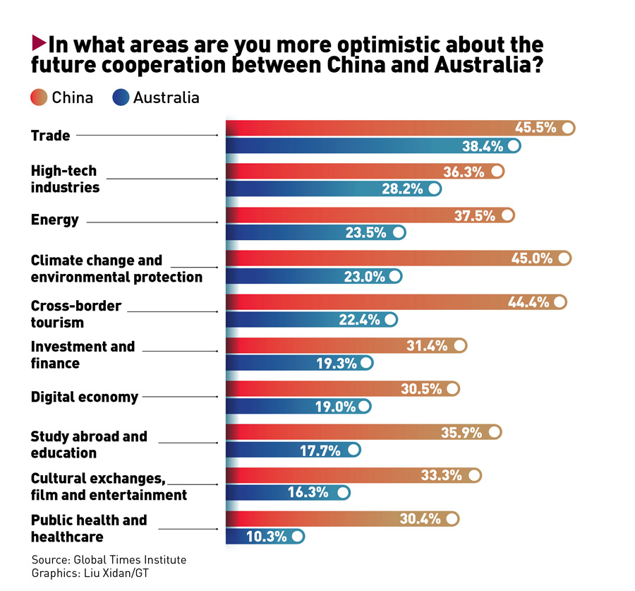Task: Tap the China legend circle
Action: click(x=39, y=97)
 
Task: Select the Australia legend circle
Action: click(x=121, y=97)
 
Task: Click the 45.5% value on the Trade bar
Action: click(x=536, y=128)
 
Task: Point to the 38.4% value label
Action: click(x=483, y=146)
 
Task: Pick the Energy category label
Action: click(x=55, y=220)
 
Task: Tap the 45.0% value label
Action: click(x=532, y=258)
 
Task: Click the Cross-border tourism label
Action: click(x=76, y=314)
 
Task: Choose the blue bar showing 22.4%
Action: click(x=311, y=320)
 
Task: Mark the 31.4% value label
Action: click(x=428, y=345)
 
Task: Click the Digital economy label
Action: click(x=85, y=397)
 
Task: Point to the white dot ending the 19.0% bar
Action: click(x=364, y=407)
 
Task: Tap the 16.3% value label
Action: click(x=308, y=493)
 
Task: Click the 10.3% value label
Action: click(x=267, y=537)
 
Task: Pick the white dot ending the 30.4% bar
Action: click(x=452, y=519)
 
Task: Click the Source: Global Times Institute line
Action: click(x=109, y=560)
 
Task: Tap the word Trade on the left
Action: click(x=51, y=135)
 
